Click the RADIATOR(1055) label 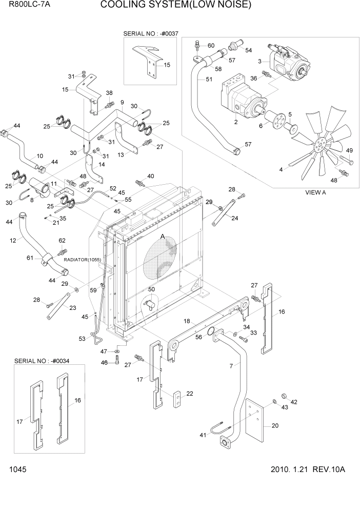82,260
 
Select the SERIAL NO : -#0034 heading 42,361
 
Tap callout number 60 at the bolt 211,46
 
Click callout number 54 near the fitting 248,50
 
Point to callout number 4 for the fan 281,169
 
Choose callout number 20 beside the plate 275,425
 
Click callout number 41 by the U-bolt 203,435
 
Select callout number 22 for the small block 190,394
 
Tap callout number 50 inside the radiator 151,290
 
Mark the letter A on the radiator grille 163,237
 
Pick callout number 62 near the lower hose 62,240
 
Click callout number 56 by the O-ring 198,337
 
